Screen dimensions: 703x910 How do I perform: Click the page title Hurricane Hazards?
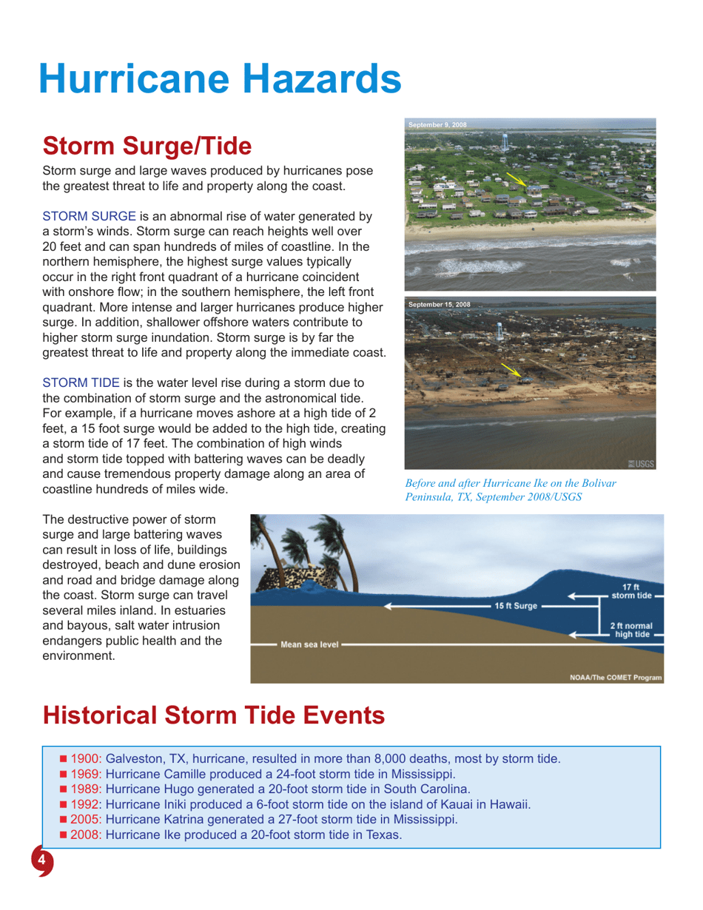(220, 77)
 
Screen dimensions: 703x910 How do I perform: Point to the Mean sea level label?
(309, 644)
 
